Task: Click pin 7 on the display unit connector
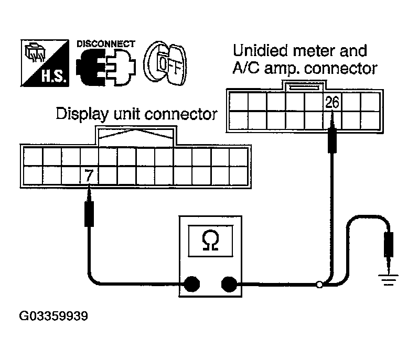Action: pos(89,176)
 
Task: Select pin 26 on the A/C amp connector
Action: pos(333,102)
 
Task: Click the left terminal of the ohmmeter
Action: pos(191,285)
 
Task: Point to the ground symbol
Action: pos(389,282)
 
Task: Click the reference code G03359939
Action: pos(53,316)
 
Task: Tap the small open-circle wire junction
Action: pos(318,285)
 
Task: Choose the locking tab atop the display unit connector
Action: pos(136,136)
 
